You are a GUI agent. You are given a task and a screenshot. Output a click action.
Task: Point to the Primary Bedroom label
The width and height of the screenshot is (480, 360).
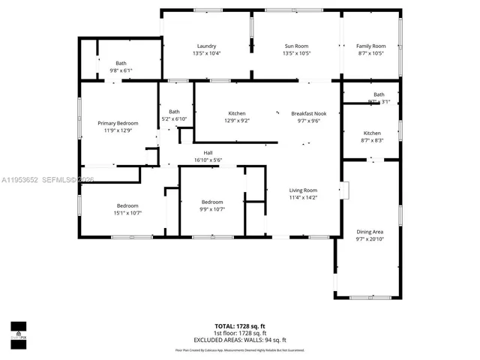tap(118, 123)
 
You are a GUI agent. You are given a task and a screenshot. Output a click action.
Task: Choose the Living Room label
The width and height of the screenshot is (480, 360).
tap(304, 190)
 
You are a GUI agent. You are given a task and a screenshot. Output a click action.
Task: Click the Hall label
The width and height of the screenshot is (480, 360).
tap(208, 153)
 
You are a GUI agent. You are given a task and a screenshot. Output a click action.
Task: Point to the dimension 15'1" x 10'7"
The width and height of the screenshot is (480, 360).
tap(127, 214)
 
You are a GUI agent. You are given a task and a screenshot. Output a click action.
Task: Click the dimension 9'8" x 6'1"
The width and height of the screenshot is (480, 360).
tap(121, 70)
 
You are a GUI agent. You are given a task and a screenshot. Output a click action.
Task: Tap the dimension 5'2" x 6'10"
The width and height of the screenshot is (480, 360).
tap(174, 119)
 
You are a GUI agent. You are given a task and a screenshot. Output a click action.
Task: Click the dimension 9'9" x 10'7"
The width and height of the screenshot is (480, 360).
tap(211, 210)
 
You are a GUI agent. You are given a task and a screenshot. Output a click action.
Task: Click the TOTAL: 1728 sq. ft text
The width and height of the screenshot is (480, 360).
tap(240, 326)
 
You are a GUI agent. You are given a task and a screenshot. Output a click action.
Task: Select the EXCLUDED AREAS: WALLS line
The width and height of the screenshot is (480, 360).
tap(240, 340)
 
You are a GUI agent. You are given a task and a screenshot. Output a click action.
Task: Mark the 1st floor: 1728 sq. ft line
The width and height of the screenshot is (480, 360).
tap(240, 333)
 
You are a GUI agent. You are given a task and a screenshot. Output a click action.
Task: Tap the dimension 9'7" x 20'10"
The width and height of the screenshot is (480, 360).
tap(369, 240)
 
